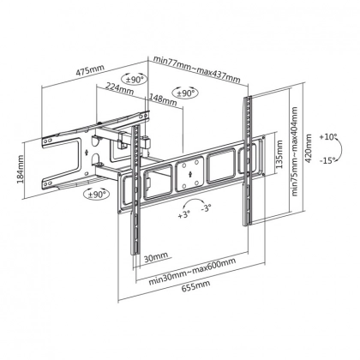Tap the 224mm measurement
(121, 86)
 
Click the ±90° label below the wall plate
(96, 195)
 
